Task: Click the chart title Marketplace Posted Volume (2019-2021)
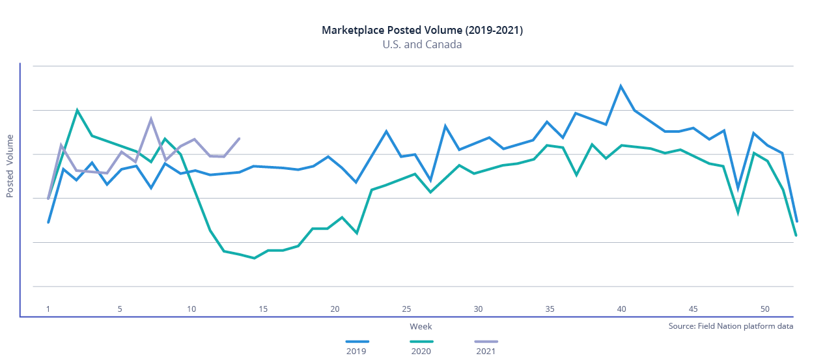[422, 31]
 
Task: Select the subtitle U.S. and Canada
[422, 45]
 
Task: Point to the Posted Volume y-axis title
[10, 166]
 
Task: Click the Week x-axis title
[421, 326]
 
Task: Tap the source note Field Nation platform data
[731, 326]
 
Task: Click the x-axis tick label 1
[48, 309]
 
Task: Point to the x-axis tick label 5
[120, 309]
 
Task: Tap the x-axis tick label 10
[191, 309]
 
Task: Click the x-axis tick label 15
[263, 309]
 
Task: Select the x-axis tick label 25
[406, 309]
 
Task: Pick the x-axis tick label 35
[550, 309]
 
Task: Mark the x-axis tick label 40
[621, 309]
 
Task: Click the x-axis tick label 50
[764, 309]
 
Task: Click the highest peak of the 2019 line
[621, 86]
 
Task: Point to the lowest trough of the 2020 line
[254, 258]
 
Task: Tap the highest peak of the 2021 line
[151, 119]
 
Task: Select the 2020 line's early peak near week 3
[77, 110]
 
